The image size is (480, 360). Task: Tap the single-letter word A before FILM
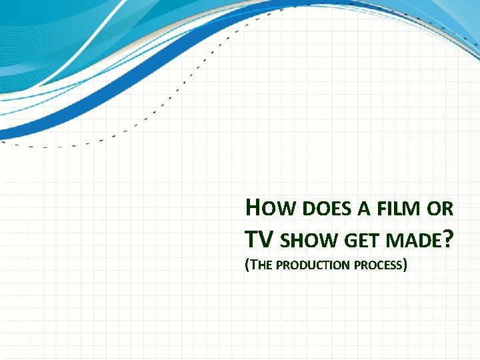[x=364, y=210]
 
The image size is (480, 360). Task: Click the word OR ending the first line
[x=441, y=210]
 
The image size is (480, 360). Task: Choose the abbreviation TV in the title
[x=259, y=237]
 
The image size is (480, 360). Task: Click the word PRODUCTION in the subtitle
[x=312, y=265]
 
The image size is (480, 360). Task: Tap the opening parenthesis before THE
[x=247, y=265]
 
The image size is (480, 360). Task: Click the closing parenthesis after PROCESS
[x=405, y=265]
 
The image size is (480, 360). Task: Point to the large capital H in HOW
[x=253, y=208]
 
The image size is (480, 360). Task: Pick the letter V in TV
[x=267, y=237]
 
